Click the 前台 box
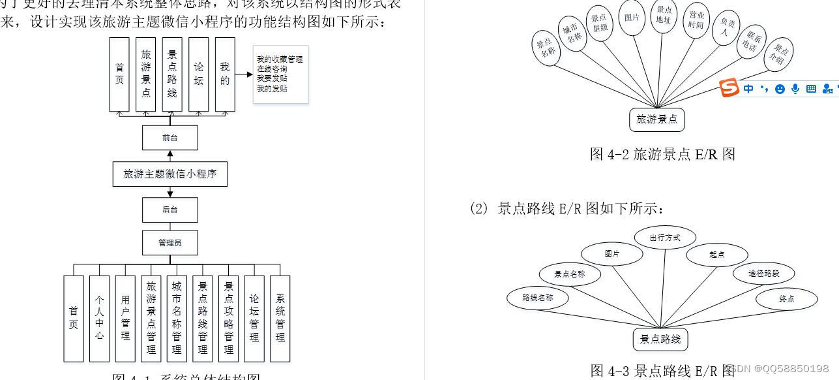coord(170,138)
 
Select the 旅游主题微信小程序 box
coord(170,174)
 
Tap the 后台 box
coord(170,210)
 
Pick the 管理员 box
coord(170,243)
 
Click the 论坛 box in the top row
coord(199,74)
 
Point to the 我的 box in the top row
coord(225,74)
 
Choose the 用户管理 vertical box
coord(125,318)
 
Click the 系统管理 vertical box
coord(280,318)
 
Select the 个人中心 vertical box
coord(99,318)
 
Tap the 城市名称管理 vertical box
coord(177,318)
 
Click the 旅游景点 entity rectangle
coord(657,119)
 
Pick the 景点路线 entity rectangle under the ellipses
coord(660,339)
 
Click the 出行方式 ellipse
coord(665,238)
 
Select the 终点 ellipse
coord(787,299)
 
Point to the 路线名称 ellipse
coord(538,298)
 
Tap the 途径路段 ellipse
coord(764,274)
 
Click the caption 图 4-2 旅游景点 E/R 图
coord(662,154)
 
